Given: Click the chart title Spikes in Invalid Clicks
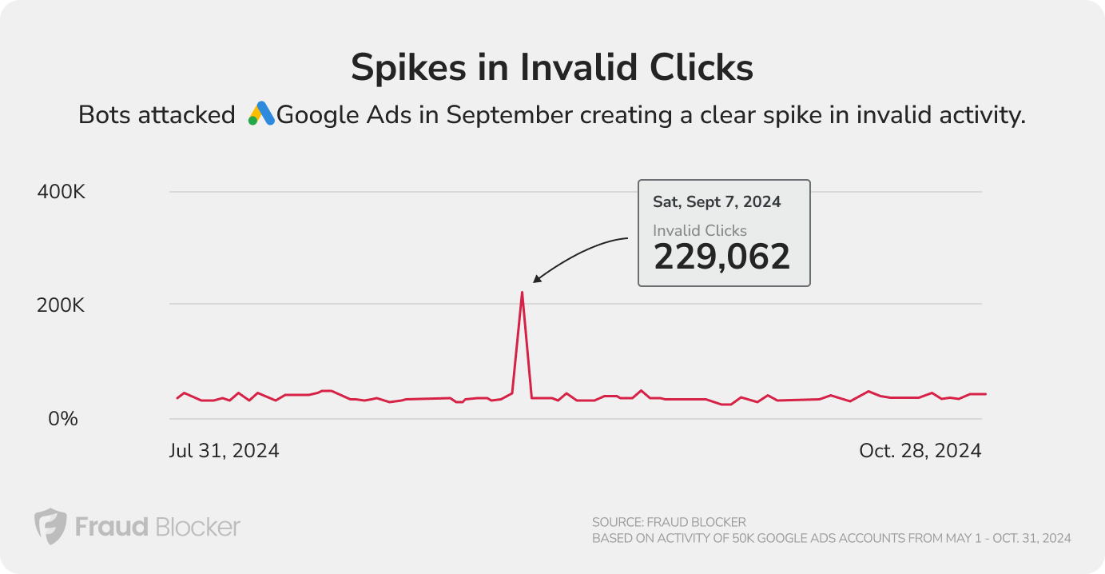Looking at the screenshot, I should [552, 68].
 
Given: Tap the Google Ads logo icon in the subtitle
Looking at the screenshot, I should [261, 114].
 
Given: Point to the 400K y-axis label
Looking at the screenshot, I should [62, 193].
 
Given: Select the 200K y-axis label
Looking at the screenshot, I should [62, 305].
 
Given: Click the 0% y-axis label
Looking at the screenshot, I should [59, 418].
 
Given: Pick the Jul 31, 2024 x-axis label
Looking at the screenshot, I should [225, 451].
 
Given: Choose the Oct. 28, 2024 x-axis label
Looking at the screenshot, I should [920, 451].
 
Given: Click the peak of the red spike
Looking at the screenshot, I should [522, 293].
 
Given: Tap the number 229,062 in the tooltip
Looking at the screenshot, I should [721, 257].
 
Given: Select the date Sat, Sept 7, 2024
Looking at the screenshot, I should [717, 202].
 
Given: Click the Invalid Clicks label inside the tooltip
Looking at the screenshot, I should [699, 230].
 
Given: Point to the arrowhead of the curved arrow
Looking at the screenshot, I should [536, 280].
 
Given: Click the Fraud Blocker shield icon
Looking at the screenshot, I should [50, 527].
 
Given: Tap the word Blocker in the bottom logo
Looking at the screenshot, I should [197, 527].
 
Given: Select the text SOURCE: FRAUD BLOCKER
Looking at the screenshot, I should [669, 522].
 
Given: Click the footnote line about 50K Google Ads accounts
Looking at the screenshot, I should [831, 539].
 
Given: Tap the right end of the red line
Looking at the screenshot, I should [986, 393].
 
